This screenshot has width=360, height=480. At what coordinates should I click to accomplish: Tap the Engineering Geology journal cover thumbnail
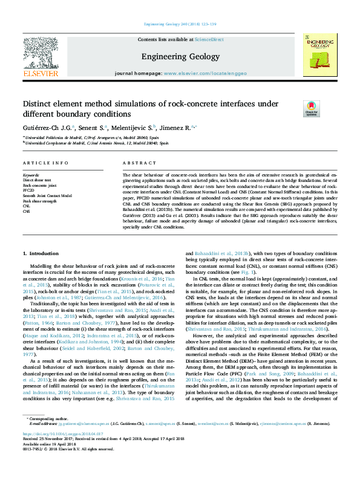320,58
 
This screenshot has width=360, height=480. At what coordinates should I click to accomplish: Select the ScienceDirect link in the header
209,39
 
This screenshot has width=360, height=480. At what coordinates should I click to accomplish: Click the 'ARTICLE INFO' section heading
45,164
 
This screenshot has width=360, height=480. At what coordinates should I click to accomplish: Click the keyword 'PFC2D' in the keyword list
30,190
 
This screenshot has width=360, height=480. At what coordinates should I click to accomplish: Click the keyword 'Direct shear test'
37,180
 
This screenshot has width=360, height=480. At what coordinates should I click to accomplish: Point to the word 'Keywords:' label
31,175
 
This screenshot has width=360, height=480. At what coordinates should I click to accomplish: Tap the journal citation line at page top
180,24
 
